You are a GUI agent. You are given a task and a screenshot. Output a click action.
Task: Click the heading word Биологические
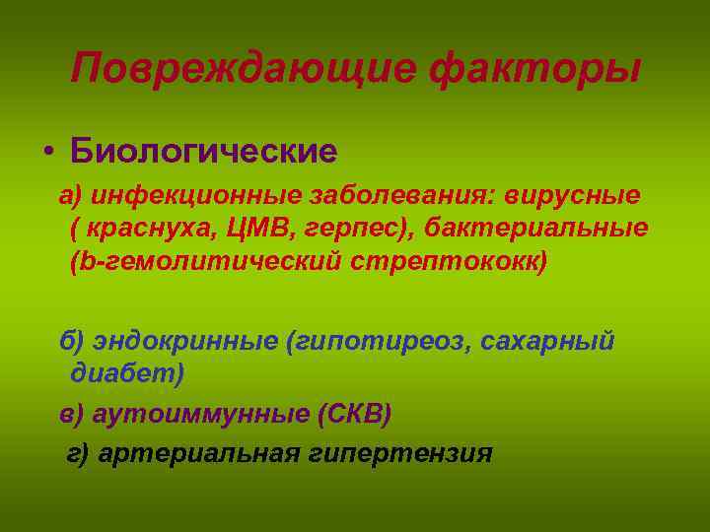202,152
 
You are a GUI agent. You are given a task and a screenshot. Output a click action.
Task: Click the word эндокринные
184,341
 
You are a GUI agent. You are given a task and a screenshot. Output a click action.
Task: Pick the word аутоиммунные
203,414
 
